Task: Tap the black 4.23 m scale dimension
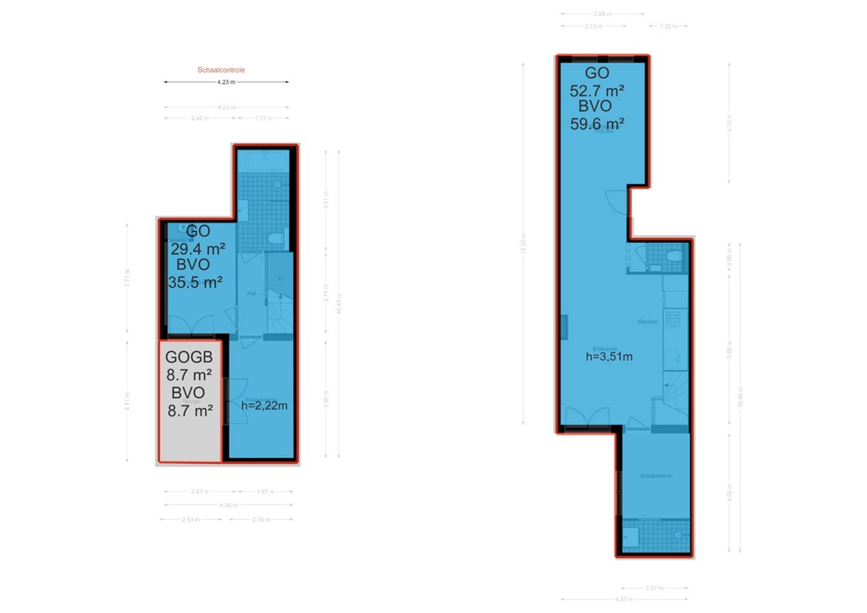coord(225,82)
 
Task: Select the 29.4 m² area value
coord(196,249)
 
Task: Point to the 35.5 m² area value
coord(196,283)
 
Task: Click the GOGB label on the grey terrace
coord(190,356)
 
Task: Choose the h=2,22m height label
coord(264,406)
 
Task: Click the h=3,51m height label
coord(609,356)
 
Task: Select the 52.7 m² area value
coord(598,90)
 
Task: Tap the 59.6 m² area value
coord(598,124)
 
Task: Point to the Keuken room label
coord(648,323)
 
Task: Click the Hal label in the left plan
coord(251,293)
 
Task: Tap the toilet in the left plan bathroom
coord(273,240)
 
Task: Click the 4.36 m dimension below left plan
coord(227,505)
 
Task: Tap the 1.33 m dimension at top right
coord(668,26)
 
